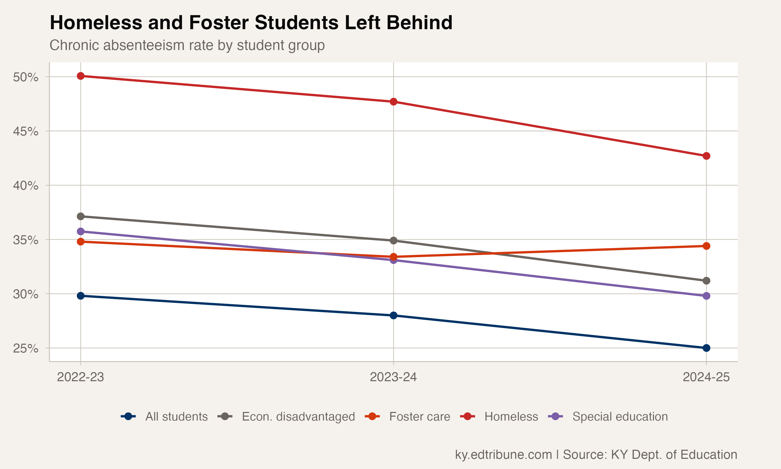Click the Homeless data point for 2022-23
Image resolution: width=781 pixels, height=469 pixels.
click(80, 76)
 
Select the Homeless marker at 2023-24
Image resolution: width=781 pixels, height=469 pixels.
click(393, 102)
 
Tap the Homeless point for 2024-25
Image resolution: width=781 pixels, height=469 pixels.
click(707, 156)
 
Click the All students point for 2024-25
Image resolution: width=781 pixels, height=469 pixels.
click(707, 348)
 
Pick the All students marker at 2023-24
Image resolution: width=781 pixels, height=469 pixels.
click(393, 316)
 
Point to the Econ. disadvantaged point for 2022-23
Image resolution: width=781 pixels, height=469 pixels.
click(80, 217)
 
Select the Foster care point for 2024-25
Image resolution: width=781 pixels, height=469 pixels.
click(707, 246)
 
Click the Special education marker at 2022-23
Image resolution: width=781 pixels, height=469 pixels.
click(80, 232)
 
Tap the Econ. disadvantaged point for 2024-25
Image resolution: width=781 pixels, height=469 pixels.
click(707, 281)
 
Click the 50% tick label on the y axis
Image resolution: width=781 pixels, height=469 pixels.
click(26, 77)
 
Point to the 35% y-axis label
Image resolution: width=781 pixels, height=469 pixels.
click(26, 240)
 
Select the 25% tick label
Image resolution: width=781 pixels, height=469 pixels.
click(26, 349)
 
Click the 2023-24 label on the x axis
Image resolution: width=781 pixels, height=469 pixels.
click(393, 377)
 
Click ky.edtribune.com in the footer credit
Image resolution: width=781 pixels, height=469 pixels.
click(503, 454)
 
